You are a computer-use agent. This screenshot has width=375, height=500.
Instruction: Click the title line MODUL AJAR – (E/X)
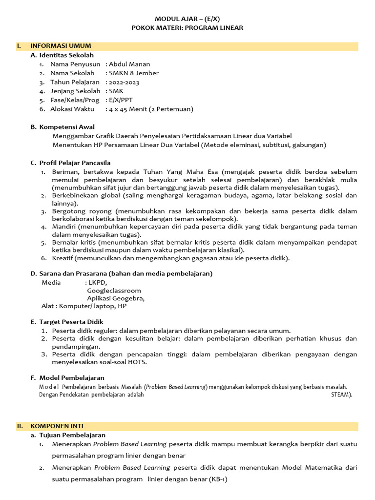(187, 19)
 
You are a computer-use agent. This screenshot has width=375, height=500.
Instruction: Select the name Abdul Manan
(129, 64)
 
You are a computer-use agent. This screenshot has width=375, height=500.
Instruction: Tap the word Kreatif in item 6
(63, 258)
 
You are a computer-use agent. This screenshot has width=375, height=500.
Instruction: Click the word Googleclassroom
(114, 291)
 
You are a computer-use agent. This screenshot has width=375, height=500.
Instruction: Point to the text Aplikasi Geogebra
(115, 298)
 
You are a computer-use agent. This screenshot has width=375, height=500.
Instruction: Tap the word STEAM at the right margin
(340, 395)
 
